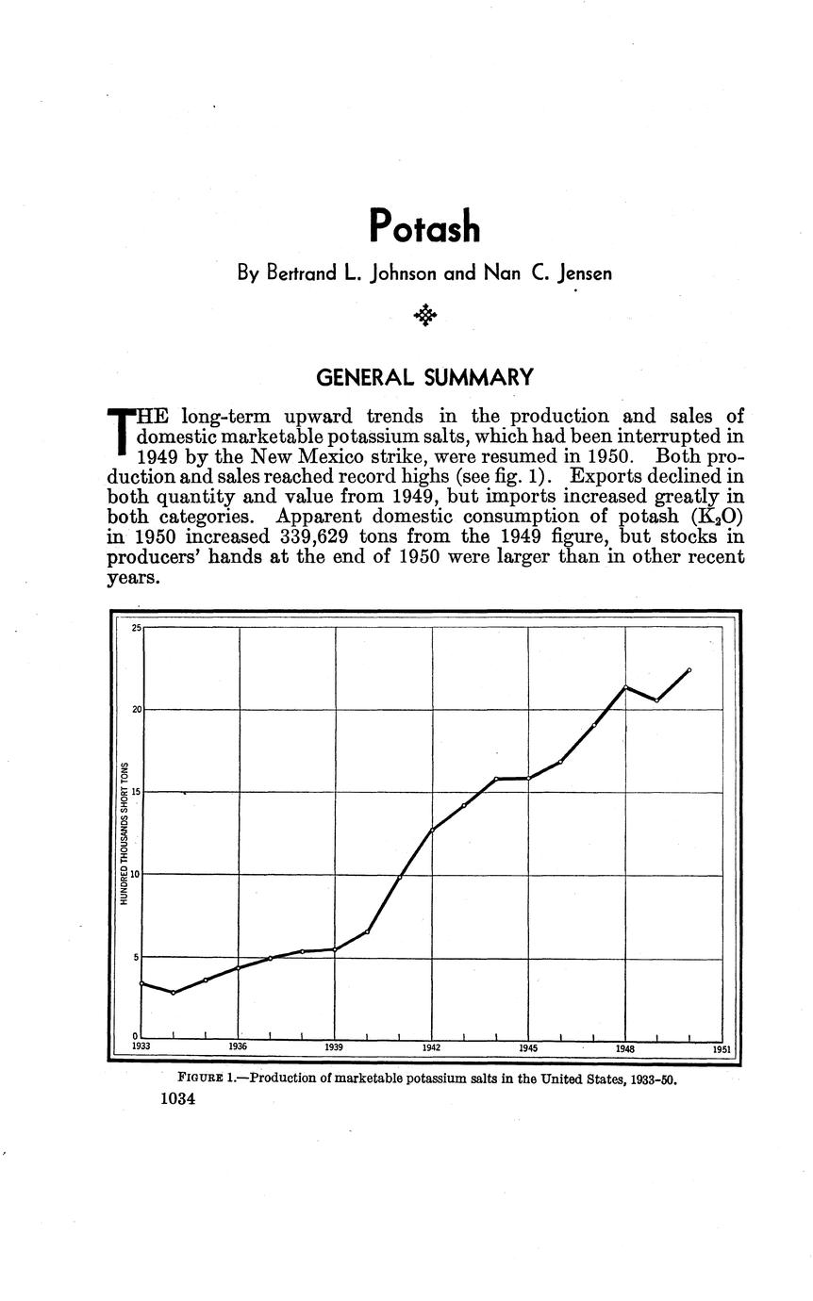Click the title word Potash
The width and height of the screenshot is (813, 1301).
click(x=424, y=226)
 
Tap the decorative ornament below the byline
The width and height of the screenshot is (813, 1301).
click(x=425, y=315)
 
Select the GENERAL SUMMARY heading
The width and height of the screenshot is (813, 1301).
click(x=424, y=378)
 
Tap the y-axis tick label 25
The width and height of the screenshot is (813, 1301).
click(x=137, y=628)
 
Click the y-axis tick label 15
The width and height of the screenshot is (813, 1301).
click(x=137, y=792)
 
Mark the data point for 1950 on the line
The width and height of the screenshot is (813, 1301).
click(x=689, y=670)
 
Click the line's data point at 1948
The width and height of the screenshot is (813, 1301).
click(x=625, y=687)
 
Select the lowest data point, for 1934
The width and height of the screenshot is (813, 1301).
click(x=174, y=993)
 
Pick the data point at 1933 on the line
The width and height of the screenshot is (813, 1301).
click(x=141, y=983)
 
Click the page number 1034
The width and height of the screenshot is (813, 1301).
click(x=177, y=1098)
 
